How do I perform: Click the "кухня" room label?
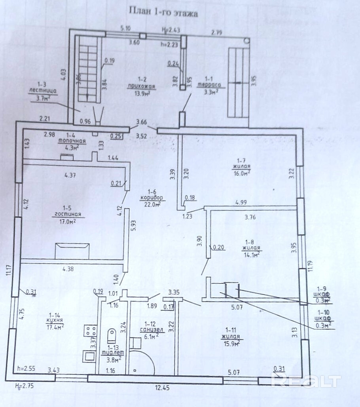(55, 320)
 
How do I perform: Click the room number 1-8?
(249, 242)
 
